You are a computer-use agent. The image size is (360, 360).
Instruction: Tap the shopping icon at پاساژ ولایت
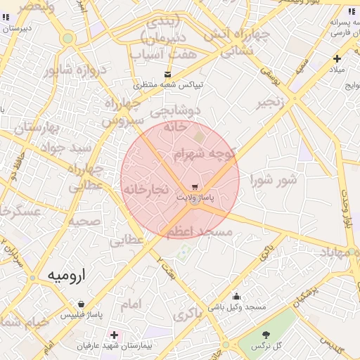193,187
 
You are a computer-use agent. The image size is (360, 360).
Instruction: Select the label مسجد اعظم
198,231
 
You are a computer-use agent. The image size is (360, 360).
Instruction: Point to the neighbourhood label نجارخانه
145,189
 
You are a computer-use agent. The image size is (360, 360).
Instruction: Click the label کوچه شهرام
208,153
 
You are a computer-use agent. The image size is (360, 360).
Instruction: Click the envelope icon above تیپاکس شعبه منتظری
167,75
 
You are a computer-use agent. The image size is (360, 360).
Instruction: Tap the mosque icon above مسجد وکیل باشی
236,296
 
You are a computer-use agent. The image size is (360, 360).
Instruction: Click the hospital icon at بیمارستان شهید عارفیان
114,335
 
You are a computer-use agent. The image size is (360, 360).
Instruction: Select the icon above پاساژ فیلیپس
82,304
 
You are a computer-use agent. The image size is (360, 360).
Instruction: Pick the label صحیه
84,220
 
